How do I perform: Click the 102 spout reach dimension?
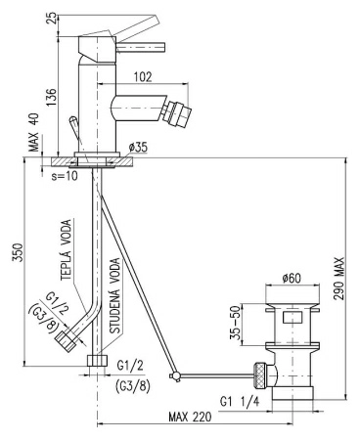pos(143,77)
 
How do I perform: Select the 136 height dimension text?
pos(51,97)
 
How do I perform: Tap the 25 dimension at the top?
pos(51,19)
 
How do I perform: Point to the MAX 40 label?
pos(33,132)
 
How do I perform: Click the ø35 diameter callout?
pos(138,148)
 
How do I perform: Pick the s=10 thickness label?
pos(65,176)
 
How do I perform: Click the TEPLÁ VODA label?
pos(67,249)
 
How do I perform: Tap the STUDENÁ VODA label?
pos(114,295)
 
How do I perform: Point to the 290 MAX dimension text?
pos(339,279)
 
